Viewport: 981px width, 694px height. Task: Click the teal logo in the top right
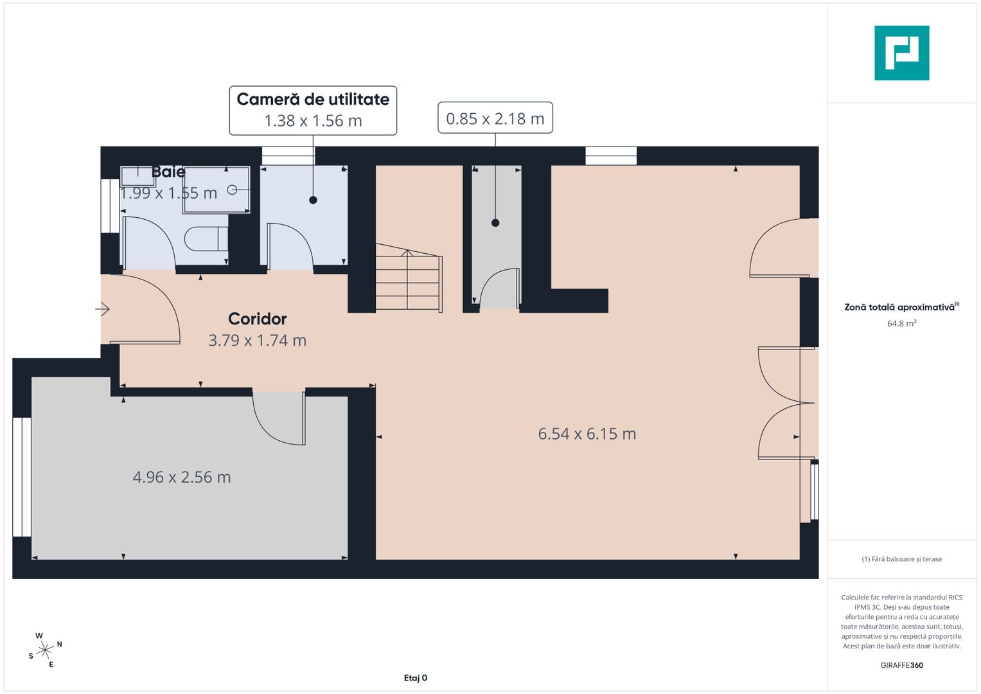coord(901,53)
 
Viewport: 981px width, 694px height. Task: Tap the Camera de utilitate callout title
coord(313,100)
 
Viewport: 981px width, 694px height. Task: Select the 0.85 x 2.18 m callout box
coord(495,118)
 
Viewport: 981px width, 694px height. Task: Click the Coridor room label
coord(257,319)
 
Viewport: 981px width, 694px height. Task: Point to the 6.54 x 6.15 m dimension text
coord(587,434)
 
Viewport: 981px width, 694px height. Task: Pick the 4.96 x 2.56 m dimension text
coord(181,477)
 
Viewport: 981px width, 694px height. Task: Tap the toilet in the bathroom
coord(205,239)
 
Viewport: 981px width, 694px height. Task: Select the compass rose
coord(45,650)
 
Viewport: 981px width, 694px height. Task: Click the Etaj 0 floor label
coord(415,678)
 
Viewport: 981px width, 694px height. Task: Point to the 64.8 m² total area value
coord(901,323)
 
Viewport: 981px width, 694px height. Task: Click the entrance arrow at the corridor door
coord(103,309)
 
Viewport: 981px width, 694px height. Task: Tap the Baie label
coord(168,172)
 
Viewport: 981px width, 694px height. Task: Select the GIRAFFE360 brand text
coord(901,665)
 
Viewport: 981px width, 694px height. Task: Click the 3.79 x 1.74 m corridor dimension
coord(257,340)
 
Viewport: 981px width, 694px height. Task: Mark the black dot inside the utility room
coord(313,200)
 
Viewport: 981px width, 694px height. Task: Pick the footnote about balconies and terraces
coord(901,559)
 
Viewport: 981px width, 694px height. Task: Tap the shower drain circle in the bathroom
coord(232,190)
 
